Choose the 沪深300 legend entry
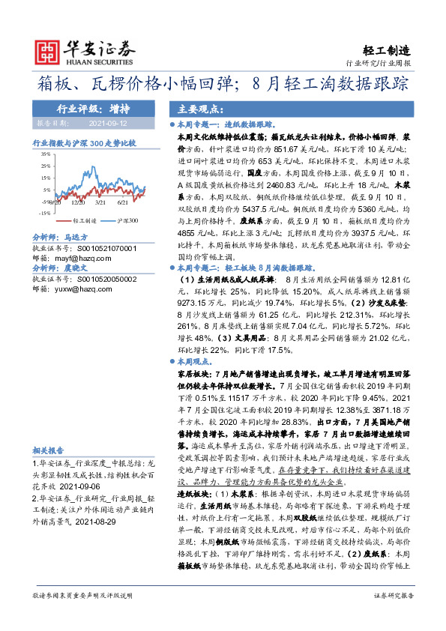(127, 222)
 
